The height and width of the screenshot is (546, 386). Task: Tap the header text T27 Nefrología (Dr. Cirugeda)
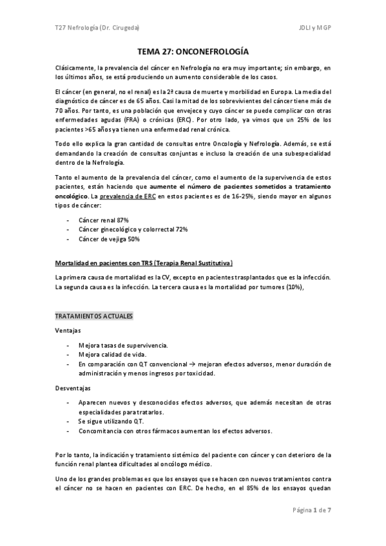[96, 29]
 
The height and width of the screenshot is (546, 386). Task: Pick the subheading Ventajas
[68, 331]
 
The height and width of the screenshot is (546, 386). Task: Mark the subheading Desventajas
[72, 388]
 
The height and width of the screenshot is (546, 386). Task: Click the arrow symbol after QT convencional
[172, 364]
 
